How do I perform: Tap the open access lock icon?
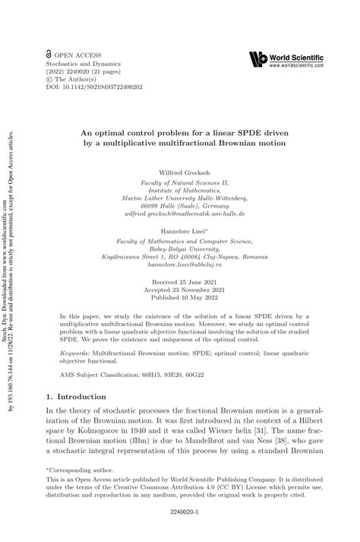click(49, 55)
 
